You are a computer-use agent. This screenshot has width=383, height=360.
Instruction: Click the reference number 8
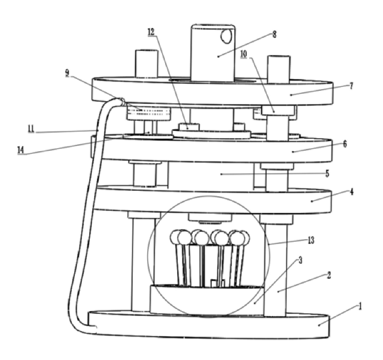click(x=275, y=35)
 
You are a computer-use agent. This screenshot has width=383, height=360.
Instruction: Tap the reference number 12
click(x=151, y=32)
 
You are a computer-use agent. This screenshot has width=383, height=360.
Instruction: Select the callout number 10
click(x=244, y=54)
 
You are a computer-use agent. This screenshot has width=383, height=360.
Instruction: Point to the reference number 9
click(x=67, y=73)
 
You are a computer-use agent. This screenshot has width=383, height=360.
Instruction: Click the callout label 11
click(x=31, y=129)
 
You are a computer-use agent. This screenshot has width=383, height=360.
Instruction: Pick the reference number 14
click(x=21, y=150)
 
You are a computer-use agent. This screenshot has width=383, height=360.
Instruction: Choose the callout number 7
click(x=351, y=86)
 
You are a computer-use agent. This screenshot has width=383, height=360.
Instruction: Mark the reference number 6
click(x=345, y=144)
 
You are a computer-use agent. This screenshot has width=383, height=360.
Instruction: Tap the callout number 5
click(x=327, y=173)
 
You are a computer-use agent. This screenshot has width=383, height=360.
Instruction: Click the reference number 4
click(x=352, y=192)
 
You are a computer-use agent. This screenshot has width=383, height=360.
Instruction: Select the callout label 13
click(x=311, y=240)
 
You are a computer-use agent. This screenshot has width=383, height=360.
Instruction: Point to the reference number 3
click(x=300, y=260)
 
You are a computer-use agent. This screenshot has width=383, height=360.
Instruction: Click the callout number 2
click(x=329, y=275)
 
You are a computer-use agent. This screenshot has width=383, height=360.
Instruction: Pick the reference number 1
click(x=360, y=306)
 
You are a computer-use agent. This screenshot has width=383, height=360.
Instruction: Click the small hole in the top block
click(x=226, y=36)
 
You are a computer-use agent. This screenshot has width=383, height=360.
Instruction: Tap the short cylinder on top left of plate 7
click(x=147, y=64)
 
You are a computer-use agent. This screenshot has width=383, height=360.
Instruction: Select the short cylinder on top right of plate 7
click(x=279, y=69)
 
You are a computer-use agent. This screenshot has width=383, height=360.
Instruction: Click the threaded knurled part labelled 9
click(x=148, y=113)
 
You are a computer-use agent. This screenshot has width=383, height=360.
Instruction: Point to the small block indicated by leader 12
click(x=189, y=127)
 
